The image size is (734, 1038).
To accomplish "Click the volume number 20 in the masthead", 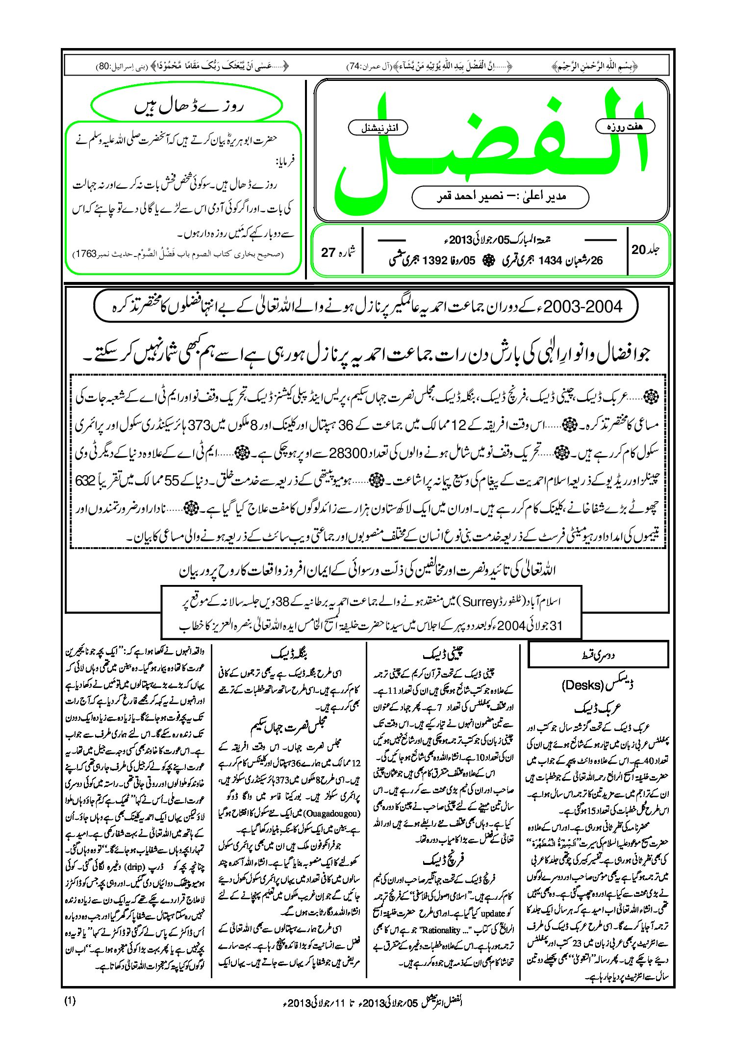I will click(x=638, y=250).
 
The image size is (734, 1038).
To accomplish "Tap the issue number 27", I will click(x=328, y=253).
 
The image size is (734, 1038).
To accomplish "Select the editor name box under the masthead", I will click(x=500, y=197).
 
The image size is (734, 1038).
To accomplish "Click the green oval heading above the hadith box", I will click(x=187, y=106).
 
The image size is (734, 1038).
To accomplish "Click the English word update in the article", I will click(x=493, y=913).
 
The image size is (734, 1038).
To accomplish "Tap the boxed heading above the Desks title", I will click(x=598, y=655).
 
